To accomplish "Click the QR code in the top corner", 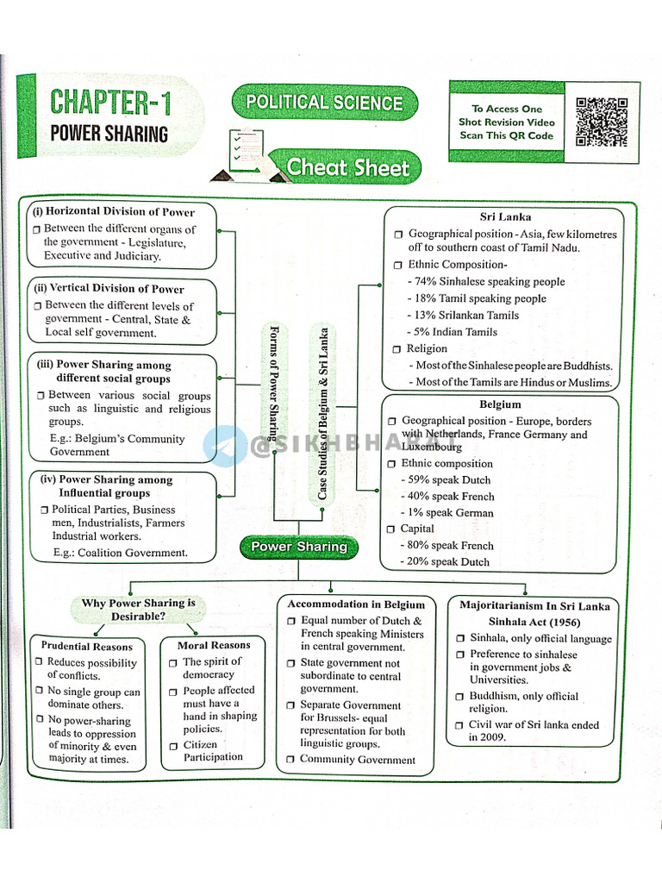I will tap(602, 122).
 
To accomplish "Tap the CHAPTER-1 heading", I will tap(110, 103).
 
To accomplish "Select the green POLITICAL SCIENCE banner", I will tap(324, 103).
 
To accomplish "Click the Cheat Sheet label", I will tap(347, 167).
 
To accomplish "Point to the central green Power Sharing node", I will tap(298, 547).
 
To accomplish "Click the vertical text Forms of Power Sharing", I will tap(275, 404).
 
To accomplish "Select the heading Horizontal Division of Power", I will tap(113, 211).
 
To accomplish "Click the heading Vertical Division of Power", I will tap(109, 288).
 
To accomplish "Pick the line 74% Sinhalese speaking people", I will tap(490, 281).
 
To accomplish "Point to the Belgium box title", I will tap(500, 404).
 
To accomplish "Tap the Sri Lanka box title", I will tap(505, 216).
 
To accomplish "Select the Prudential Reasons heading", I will tap(87, 646).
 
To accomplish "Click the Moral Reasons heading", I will tap(214, 644).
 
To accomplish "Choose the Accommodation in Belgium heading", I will tap(356, 604).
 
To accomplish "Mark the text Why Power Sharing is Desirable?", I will tap(138, 610).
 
